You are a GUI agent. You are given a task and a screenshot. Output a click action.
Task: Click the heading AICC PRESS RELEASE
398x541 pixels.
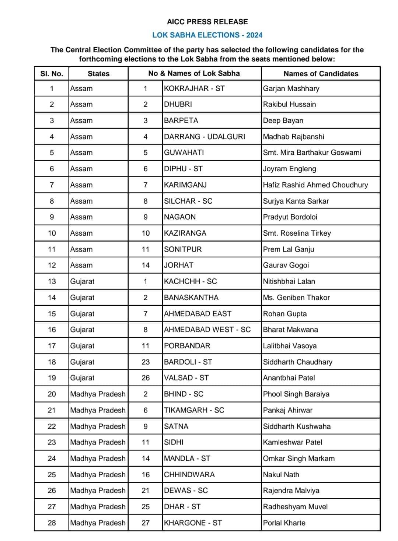[x=207, y=22]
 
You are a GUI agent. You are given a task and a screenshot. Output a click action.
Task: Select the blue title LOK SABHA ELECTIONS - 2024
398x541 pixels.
[x=207, y=35]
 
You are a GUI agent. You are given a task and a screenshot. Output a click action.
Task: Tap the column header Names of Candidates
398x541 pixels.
[x=321, y=74]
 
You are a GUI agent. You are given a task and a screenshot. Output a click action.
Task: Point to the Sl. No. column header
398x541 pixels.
[x=52, y=74]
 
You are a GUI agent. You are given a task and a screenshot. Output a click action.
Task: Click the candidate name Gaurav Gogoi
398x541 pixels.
[x=286, y=265]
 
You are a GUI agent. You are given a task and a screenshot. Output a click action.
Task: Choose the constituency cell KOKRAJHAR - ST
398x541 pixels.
[x=194, y=88]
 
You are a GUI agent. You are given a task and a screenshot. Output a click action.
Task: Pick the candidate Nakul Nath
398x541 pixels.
[x=281, y=475]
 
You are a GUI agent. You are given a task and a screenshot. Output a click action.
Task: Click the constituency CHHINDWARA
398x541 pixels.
[x=189, y=475]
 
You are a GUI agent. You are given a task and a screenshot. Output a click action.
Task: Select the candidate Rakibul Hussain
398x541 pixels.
[x=289, y=104]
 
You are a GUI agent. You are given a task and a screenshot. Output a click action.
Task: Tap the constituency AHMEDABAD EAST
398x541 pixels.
[x=198, y=314]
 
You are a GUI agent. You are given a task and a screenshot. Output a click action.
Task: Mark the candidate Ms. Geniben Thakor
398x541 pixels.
[x=296, y=298]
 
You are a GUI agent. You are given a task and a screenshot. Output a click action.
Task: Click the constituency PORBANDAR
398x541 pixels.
[x=187, y=346]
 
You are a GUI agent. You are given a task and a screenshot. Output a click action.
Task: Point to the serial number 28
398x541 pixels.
[x=52, y=523]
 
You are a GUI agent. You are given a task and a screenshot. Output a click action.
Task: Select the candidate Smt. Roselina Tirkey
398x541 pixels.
[x=297, y=233]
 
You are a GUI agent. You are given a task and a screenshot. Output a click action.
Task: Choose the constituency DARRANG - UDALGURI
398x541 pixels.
[x=205, y=137]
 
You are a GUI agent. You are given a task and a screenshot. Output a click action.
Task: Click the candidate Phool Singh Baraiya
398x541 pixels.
[x=296, y=394]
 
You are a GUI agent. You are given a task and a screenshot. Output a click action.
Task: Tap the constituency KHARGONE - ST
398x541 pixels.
[x=193, y=523]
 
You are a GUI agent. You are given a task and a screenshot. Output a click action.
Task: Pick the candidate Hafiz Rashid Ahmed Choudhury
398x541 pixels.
[x=315, y=185]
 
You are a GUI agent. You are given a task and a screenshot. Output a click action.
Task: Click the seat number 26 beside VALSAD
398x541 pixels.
[x=146, y=378]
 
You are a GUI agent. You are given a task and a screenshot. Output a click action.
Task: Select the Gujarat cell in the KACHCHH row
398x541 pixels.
[x=82, y=281]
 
